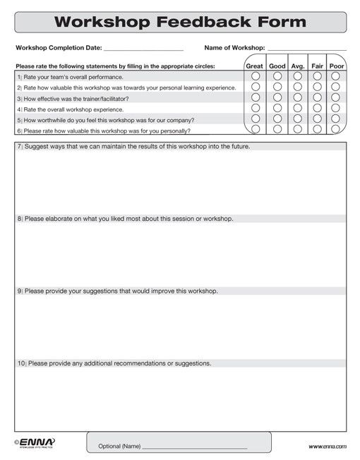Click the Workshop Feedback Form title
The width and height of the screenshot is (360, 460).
click(180, 22)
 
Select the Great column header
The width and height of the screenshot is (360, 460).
click(254, 66)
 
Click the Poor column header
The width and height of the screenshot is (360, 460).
click(337, 66)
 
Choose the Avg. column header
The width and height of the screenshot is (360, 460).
click(297, 66)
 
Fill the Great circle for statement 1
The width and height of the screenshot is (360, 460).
click(256, 76)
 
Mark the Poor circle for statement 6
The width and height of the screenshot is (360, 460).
click(336, 130)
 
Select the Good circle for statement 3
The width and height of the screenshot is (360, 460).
click(277, 97)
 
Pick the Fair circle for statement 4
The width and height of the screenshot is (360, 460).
click(317, 109)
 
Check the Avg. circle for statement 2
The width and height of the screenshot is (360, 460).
click(297, 87)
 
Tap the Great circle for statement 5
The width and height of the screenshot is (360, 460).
click(256, 119)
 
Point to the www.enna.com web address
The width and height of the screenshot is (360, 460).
click(327, 447)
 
